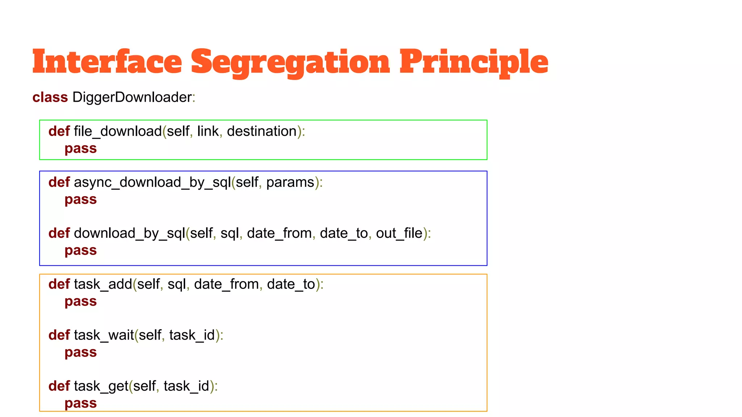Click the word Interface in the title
click(107, 62)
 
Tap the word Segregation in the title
click(290, 63)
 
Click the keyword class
click(50, 97)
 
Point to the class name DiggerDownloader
click(132, 97)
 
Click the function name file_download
click(118, 131)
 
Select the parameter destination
click(262, 131)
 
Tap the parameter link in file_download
click(208, 131)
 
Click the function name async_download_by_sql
click(152, 182)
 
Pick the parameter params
click(290, 182)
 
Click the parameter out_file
click(399, 233)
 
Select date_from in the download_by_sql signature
click(279, 233)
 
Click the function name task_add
click(103, 285)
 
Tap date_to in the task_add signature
click(291, 285)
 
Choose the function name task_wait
click(104, 336)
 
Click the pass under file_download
click(80, 149)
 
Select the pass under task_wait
click(80, 353)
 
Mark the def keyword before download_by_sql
click(59, 233)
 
